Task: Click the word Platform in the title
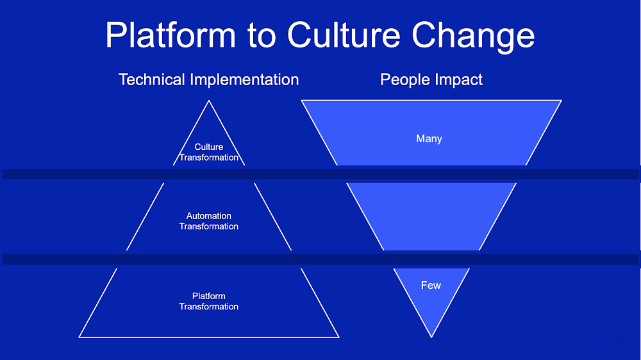(171, 35)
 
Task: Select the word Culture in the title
(344, 35)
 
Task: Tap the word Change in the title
(473, 37)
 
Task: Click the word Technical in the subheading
(152, 79)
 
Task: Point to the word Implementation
(244, 79)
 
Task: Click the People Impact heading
(431, 79)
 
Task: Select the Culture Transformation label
(209, 152)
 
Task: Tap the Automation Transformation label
(209, 221)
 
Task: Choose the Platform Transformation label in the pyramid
(209, 301)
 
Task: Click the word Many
(429, 139)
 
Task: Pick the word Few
(431, 285)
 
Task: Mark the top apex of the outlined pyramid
(209, 101)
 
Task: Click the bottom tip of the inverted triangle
(431, 337)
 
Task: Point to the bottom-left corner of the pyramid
(79, 337)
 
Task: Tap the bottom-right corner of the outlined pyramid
(339, 337)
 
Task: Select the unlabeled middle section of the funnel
(431, 217)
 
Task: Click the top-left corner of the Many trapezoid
(302, 101)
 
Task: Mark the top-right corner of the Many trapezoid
(562, 101)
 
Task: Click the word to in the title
(262, 36)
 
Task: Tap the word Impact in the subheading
(458, 79)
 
